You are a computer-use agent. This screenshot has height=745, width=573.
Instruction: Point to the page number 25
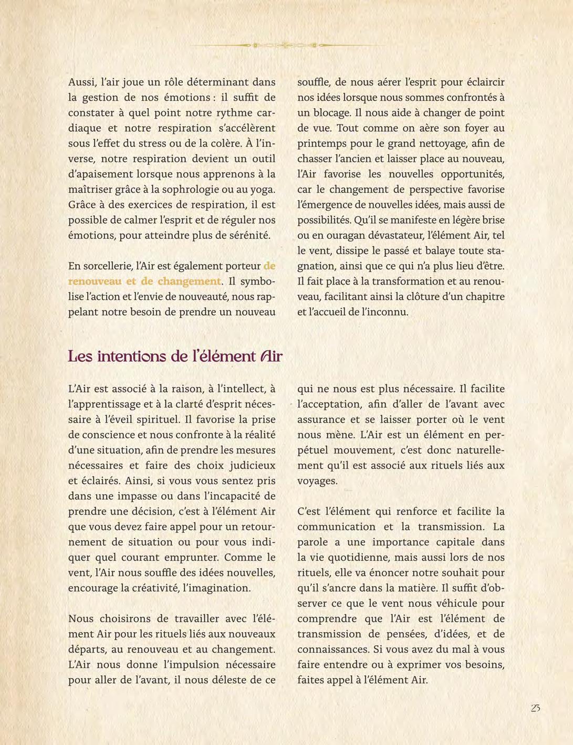click(535, 708)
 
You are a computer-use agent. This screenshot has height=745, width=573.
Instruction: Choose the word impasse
click(144, 496)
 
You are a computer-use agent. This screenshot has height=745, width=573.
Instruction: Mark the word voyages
click(317, 480)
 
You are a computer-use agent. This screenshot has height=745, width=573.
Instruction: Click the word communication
click(336, 527)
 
